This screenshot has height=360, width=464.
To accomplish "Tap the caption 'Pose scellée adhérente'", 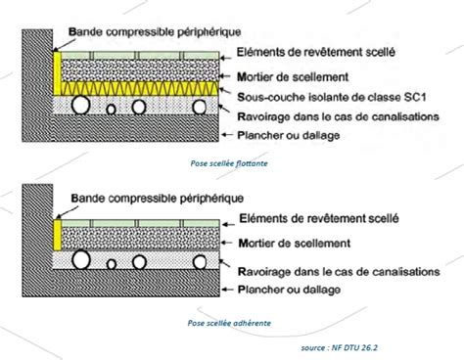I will (231, 319).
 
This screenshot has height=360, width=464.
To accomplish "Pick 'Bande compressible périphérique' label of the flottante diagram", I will (160, 31).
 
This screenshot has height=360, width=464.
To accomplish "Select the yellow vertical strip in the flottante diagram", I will (57, 74).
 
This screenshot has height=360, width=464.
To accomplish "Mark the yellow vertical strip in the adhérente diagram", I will (57, 235).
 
